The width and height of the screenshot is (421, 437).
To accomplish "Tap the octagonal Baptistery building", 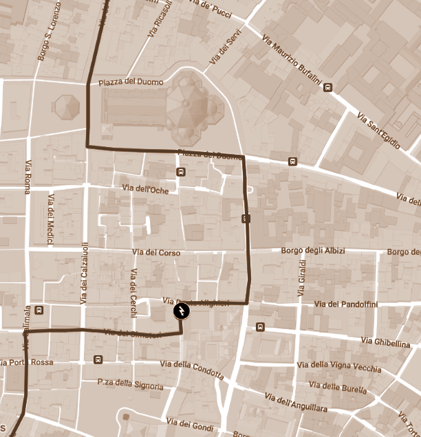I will pos(66,107).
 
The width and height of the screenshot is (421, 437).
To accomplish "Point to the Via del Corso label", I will pos(155,253).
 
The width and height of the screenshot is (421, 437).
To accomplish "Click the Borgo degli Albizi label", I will pos(313,251).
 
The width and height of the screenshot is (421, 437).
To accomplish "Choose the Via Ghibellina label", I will pos(385,341).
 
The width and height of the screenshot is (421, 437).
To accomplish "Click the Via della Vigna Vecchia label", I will pos(338,367).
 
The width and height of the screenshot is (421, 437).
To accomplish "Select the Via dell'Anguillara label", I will pos(295,403).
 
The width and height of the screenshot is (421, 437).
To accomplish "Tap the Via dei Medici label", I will pos(50,219).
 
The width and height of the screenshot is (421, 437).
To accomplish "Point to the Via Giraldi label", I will pos(301,278).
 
